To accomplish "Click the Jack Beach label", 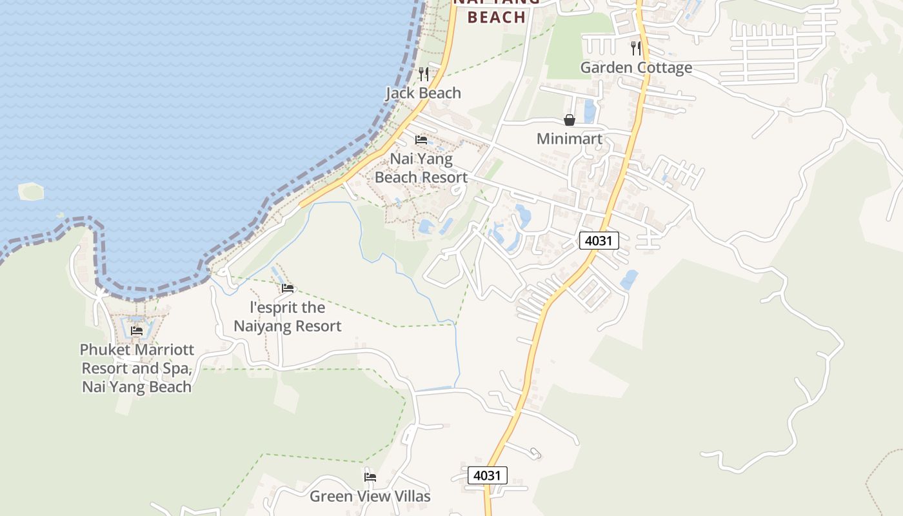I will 423,93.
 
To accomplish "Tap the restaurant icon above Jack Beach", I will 423,74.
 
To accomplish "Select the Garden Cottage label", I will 636,68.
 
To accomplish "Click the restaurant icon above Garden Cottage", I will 636,48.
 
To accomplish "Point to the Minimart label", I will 570,139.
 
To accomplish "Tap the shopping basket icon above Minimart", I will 570,120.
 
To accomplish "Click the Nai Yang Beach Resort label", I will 421,168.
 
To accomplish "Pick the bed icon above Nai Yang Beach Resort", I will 421,139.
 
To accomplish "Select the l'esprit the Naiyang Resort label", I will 287,317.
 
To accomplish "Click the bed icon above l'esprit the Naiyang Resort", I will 288,288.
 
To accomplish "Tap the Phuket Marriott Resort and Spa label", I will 137,368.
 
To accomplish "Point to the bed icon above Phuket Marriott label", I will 137,331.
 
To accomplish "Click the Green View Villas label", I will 370,496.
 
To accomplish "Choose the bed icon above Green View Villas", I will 370,477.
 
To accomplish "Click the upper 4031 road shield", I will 599,241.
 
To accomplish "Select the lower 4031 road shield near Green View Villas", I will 488,475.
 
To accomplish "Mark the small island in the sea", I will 31,191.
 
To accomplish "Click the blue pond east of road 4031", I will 629,280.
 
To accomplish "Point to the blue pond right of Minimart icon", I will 590,111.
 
